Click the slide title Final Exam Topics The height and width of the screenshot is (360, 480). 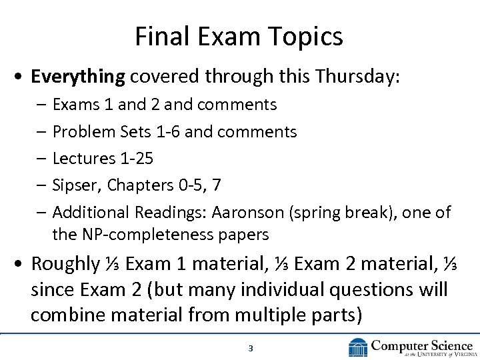239,37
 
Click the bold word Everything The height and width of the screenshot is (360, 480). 78,77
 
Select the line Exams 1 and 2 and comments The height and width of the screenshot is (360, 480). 164,105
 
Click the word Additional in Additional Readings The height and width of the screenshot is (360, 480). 91,213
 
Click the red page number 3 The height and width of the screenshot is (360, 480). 250,348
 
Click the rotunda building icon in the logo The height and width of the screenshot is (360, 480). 358,347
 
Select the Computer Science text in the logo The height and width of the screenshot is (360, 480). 422,344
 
